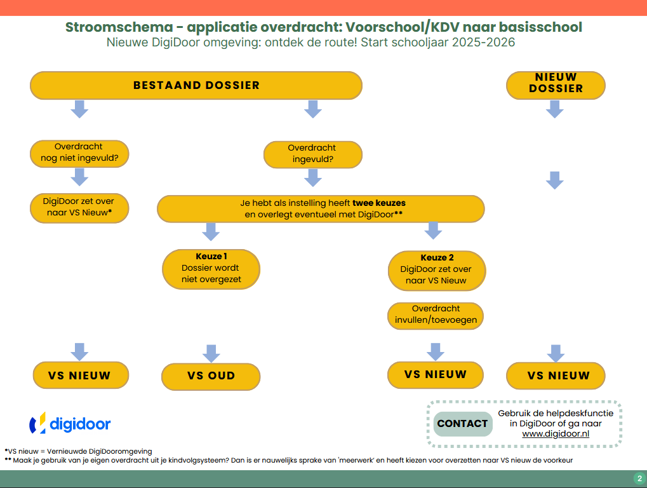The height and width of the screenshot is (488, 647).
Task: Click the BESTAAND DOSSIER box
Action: click(196, 85)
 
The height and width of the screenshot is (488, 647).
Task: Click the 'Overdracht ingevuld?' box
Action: click(312, 154)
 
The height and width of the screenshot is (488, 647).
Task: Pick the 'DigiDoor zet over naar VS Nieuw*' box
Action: click(79, 208)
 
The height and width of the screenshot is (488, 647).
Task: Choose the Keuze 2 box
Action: click(437, 270)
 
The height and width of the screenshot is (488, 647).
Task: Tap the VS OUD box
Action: click(211, 376)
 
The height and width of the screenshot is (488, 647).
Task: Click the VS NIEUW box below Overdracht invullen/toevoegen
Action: click(435, 374)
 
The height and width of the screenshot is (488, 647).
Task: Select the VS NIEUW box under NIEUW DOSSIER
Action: click(556, 376)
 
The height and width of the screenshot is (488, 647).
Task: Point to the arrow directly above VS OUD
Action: click(211, 353)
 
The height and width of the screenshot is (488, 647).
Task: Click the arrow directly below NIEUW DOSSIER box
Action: click(555, 109)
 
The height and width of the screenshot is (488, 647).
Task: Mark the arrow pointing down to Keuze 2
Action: click(433, 230)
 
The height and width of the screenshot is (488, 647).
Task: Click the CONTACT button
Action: click(463, 424)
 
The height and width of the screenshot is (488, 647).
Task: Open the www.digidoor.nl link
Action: click(556, 434)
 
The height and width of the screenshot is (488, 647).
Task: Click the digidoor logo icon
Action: click(38, 423)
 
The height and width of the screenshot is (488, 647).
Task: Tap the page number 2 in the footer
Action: click(639, 478)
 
